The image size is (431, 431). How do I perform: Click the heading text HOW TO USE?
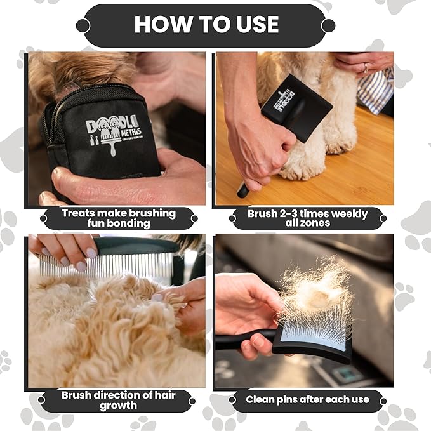[206, 25]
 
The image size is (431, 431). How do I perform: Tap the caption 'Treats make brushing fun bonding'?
[118, 218]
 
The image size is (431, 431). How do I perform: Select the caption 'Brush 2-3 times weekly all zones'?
[307, 218]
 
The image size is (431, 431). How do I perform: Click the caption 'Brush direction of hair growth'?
[118, 400]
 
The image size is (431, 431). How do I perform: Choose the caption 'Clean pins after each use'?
[307, 400]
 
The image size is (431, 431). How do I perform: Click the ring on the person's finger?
[366, 67]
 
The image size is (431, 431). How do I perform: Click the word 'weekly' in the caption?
[348, 213]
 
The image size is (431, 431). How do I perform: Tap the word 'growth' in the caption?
[118, 406]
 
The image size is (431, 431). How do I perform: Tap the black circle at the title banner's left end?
[83, 25]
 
